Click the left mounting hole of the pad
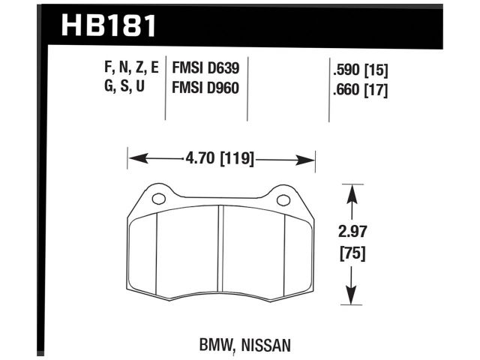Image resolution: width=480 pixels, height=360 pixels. (158, 200)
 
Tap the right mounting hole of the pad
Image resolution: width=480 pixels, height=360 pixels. (283, 200)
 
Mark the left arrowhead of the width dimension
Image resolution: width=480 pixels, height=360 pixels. (133, 159)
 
